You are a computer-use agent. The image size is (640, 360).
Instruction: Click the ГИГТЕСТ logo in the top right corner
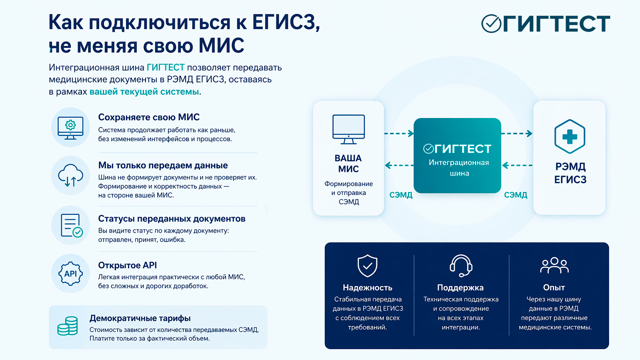[546, 24]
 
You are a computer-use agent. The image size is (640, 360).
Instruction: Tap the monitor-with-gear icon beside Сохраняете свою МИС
[70, 127]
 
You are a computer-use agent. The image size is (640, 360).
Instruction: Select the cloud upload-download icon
[70, 176]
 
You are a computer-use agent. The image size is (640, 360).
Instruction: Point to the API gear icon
[71, 274]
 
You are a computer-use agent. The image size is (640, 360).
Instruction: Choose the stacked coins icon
[68, 326]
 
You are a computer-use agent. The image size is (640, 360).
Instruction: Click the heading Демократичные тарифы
[140, 318]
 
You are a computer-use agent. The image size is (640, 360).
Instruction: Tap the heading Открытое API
[128, 265]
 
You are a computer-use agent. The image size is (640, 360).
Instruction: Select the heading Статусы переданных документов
[172, 219]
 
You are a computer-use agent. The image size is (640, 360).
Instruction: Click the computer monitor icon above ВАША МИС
[348, 129]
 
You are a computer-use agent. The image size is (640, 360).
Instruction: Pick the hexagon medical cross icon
[570, 136]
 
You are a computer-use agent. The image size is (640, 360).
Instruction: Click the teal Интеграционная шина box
[457, 156]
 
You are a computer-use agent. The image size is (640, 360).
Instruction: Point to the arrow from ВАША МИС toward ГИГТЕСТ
[399, 134]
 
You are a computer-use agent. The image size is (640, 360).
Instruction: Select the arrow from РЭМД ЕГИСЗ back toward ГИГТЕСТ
[517, 165]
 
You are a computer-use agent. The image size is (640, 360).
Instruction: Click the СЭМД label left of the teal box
[401, 195]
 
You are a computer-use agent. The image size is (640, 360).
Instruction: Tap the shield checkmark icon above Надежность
[367, 266]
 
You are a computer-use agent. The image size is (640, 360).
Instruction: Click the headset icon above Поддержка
[461, 266]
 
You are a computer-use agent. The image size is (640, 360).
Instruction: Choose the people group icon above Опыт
[554, 265]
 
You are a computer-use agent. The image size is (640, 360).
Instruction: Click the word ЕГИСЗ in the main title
[285, 22]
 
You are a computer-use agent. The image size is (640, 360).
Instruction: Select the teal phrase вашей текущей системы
[144, 92]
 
